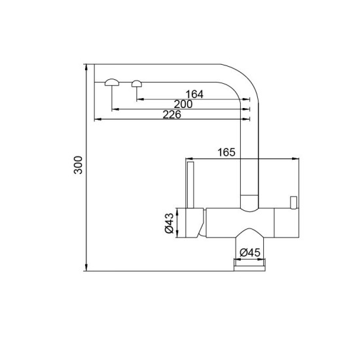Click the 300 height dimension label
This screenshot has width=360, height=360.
[79, 168]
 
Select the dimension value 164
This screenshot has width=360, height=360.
[194, 94]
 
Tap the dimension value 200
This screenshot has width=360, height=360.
[183, 105]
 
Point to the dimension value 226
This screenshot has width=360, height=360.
[171, 115]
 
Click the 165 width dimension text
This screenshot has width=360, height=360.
[226, 153]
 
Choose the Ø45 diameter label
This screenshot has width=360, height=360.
[250, 252]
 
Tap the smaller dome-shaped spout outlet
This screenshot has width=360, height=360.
[137, 82]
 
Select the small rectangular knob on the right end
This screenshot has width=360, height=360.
[294, 202]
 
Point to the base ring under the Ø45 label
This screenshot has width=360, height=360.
[250, 264]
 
